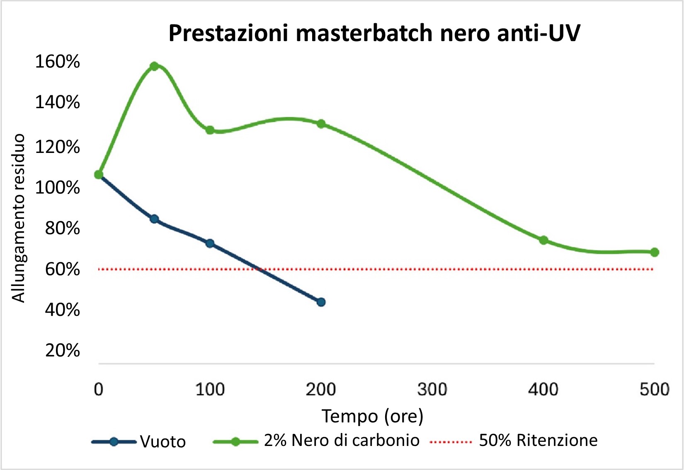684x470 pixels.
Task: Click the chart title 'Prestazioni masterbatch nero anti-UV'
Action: coord(374,33)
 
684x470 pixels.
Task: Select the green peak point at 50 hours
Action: coord(154,66)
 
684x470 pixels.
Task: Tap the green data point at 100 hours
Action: coord(210,130)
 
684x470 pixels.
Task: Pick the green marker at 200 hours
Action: coord(321,124)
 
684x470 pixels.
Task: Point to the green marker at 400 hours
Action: coord(543,240)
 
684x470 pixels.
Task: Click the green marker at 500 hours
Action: coord(655,252)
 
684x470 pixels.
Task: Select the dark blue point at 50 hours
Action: coord(154,219)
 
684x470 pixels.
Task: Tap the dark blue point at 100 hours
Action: coord(210,243)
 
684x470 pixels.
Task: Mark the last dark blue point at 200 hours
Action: coord(321,302)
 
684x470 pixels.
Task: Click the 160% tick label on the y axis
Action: coord(57,62)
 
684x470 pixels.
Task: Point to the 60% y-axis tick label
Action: coord(62,270)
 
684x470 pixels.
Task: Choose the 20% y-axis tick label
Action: coord(62,351)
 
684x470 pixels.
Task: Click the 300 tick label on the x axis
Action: coord(432,390)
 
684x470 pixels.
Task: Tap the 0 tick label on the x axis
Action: coord(99,390)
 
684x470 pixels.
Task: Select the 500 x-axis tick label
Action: coord(655,390)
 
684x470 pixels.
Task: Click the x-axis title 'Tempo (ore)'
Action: coord(372,416)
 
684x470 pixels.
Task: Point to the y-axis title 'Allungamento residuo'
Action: coord(19,218)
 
